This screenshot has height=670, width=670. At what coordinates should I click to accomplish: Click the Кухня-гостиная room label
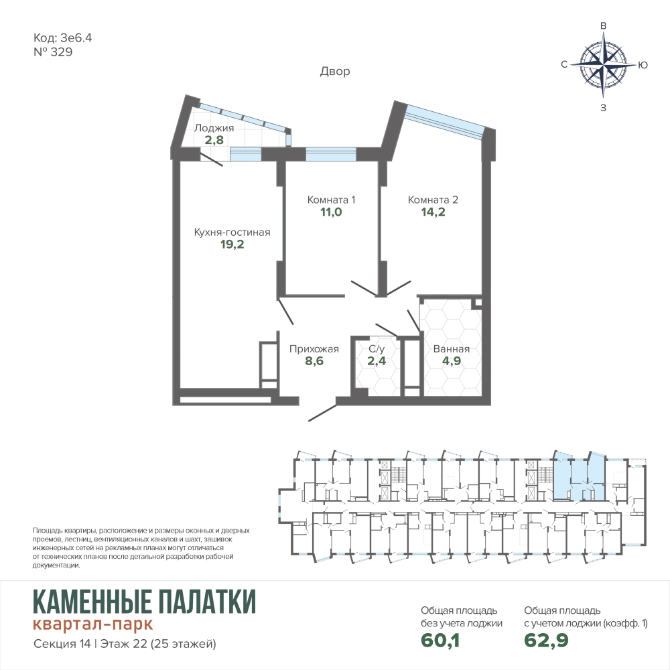[232, 232]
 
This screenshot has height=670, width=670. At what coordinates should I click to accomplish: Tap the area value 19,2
[232, 245]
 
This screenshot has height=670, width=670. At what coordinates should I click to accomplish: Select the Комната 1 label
[331, 200]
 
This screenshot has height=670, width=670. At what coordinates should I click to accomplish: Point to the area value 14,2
[433, 212]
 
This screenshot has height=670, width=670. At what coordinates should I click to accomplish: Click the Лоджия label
[214, 128]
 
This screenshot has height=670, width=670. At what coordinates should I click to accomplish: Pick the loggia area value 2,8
[214, 140]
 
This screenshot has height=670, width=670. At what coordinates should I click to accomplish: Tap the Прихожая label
[314, 349]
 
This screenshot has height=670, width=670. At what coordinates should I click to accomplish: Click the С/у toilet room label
[377, 349]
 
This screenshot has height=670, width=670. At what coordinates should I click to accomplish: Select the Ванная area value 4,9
[451, 361]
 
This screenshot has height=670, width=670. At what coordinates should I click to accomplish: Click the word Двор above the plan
[335, 72]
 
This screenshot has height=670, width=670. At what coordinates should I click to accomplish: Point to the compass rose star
[604, 65]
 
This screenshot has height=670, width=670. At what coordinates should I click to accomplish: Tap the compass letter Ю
[643, 65]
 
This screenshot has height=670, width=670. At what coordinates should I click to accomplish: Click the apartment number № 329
[53, 52]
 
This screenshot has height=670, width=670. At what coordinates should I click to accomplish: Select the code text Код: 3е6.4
[62, 38]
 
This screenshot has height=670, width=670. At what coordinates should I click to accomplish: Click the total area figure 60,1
[440, 640]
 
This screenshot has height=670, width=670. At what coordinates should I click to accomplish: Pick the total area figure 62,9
[546, 640]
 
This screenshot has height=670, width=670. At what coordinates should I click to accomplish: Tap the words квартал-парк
[92, 624]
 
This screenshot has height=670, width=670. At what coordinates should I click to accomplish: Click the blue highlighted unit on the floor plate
[580, 476]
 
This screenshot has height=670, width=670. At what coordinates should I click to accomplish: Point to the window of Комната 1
[331, 154]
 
